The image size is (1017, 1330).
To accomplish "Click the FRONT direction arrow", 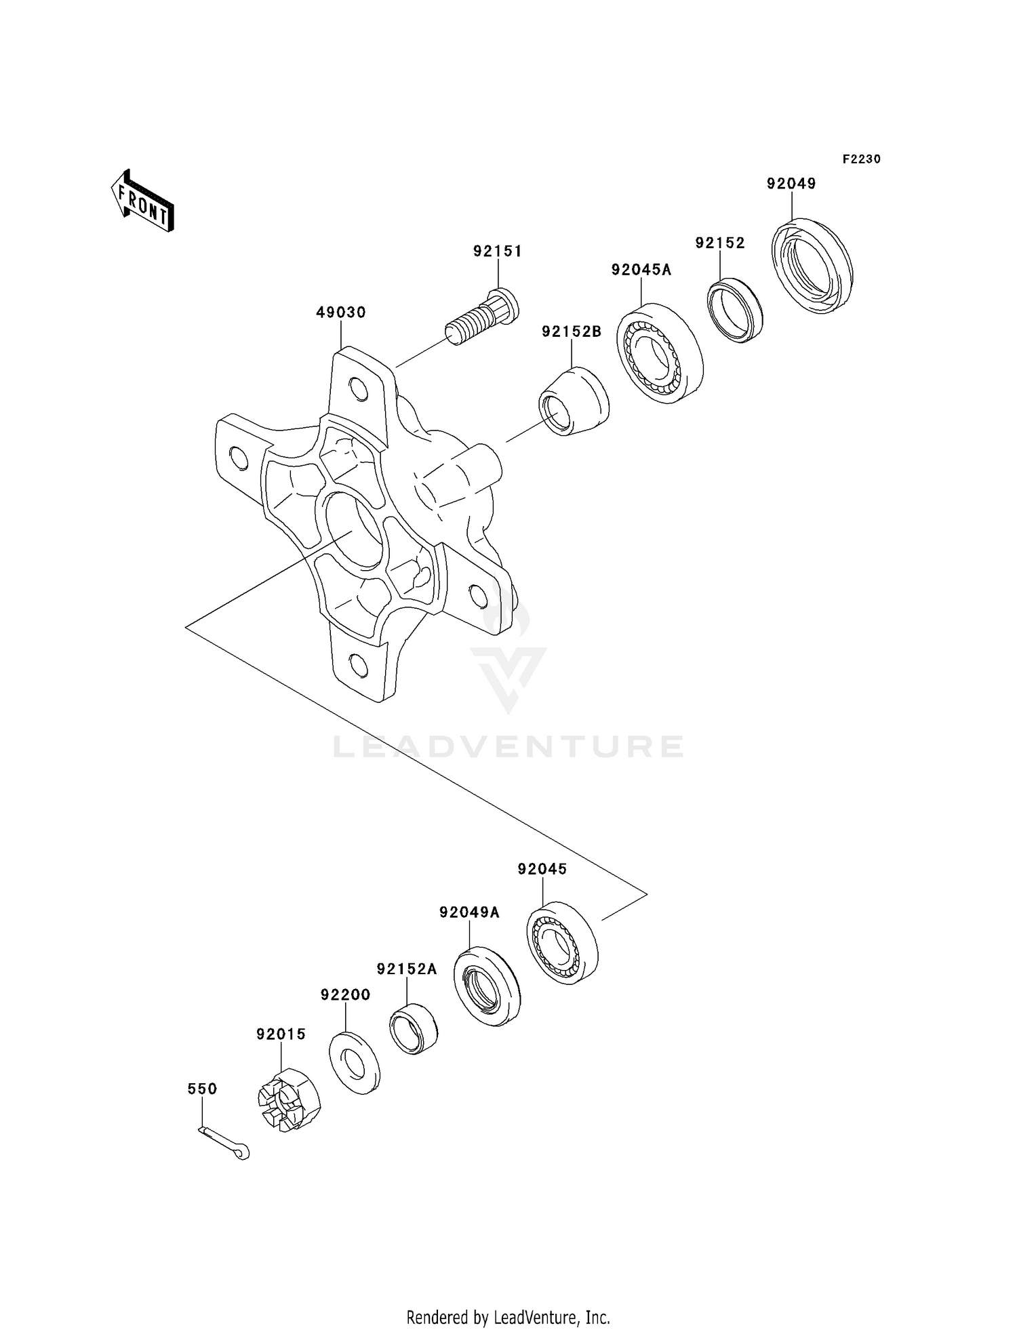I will (143, 203).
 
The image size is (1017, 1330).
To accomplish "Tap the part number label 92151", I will (498, 251).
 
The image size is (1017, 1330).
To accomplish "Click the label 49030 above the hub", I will (340, 313).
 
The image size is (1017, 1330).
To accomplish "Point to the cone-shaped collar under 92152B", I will (574, 401).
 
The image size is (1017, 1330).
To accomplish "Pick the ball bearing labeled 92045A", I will (660, 353).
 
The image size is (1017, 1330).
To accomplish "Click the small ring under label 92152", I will (734, 310).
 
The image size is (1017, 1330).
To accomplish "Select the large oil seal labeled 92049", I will (812, 266).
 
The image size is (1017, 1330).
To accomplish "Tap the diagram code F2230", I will (861, 159).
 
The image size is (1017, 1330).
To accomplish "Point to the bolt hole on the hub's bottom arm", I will (359, 666).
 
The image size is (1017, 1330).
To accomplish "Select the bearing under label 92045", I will (562, 943).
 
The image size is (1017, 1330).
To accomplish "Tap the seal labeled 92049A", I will (486, 986).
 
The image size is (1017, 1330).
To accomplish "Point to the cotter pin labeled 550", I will (225, 1144).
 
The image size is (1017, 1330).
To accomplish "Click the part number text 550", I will (202, 1089).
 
